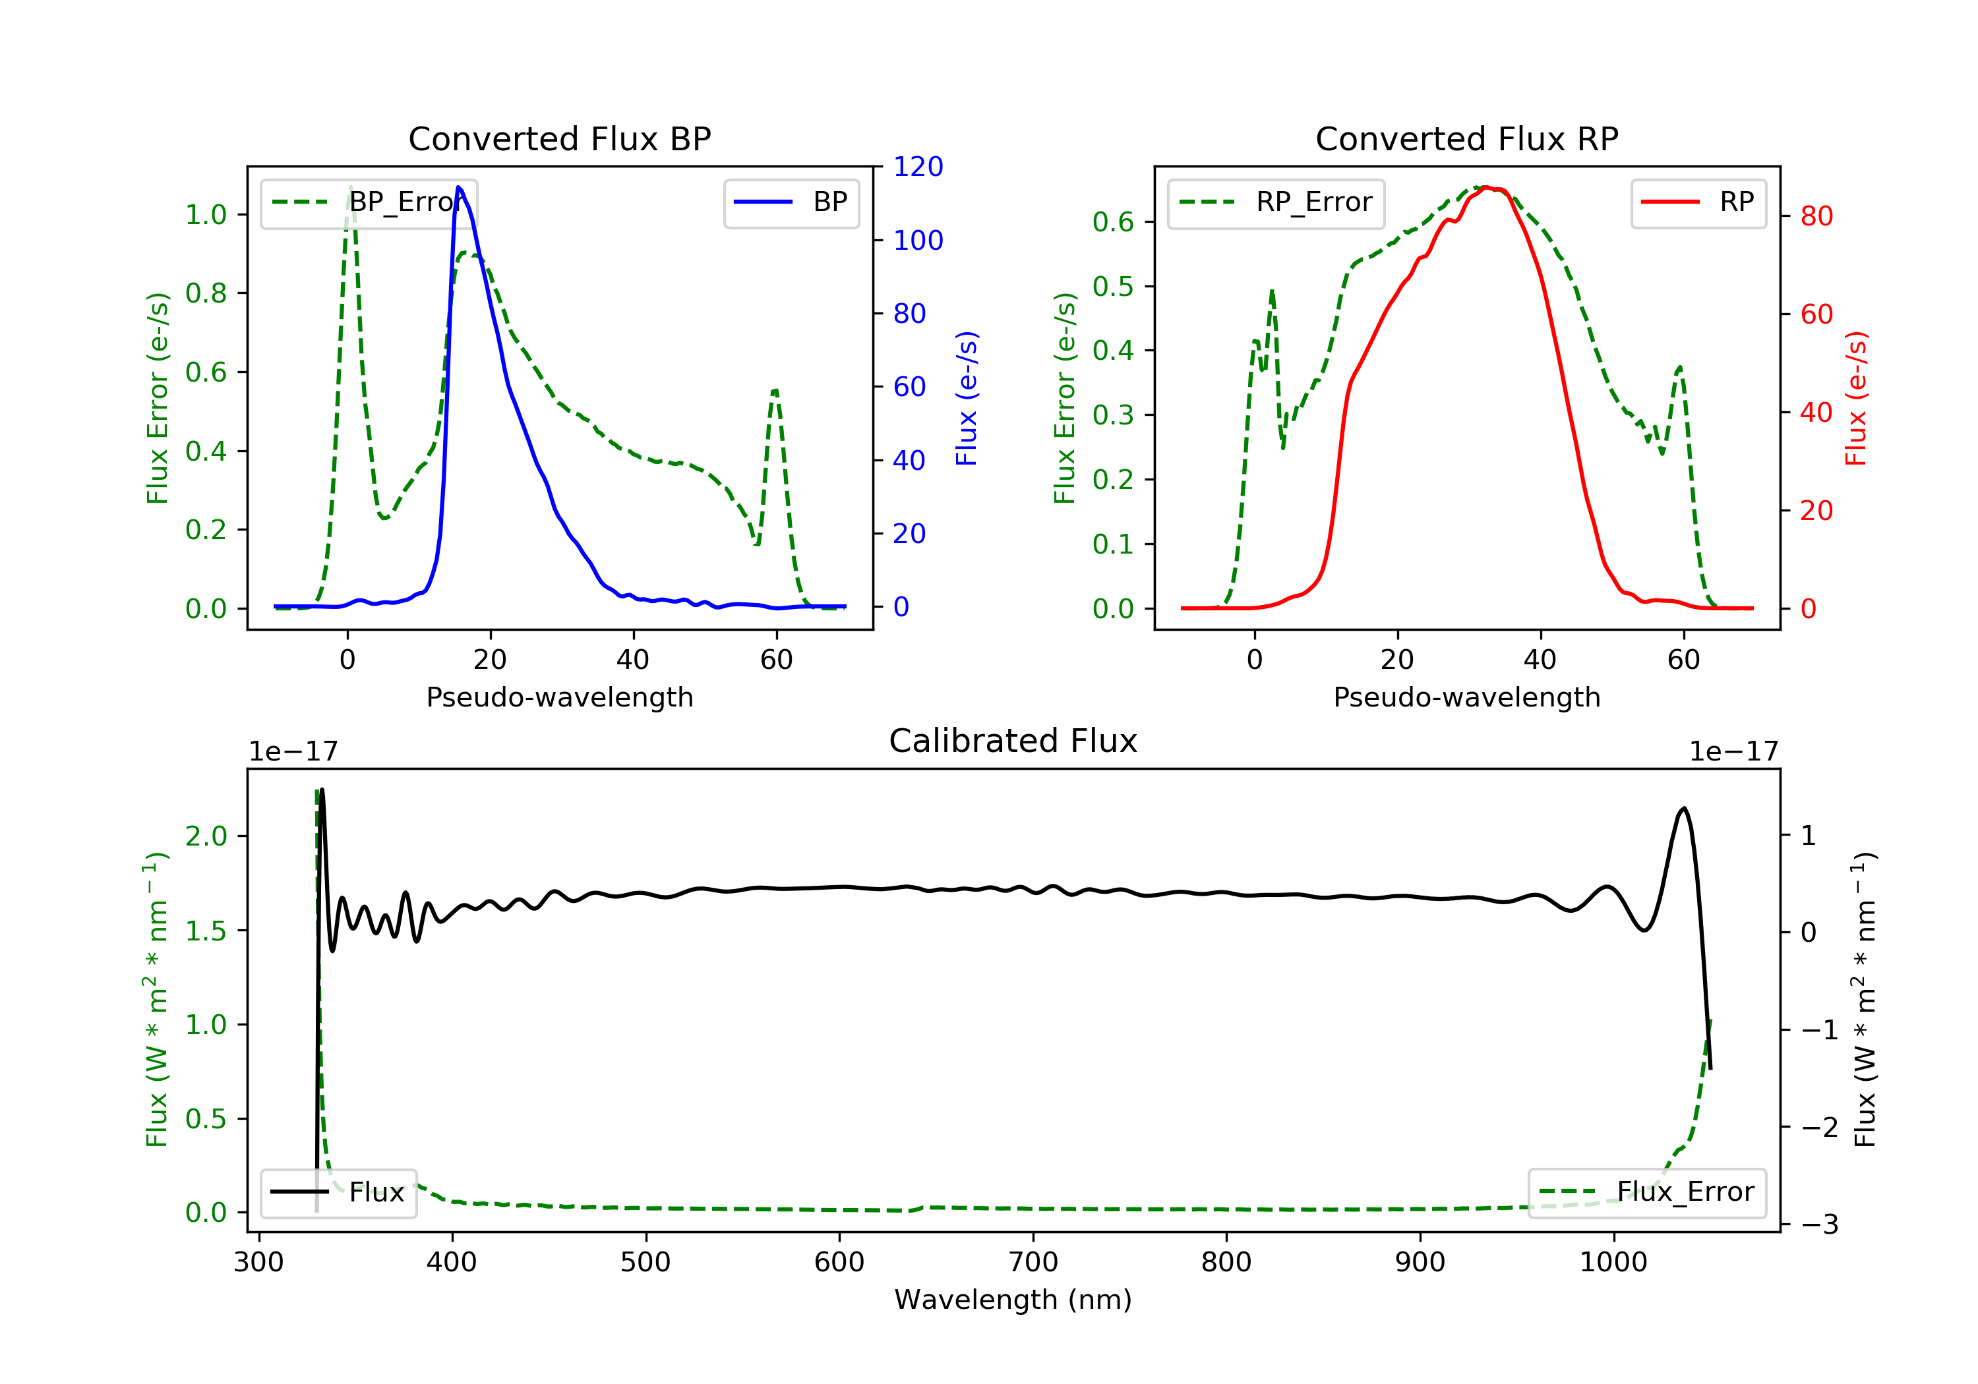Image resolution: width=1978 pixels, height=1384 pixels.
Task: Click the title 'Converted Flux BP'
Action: tap(559, 138)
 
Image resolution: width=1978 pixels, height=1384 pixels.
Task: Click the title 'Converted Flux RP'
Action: tap(1466, 138)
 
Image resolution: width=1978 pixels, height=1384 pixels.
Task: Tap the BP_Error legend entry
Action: tap(369, 202)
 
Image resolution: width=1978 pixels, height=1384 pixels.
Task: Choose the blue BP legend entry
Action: tap(791, 202)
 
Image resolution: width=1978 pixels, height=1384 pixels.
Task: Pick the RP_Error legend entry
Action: tap(1276, 202)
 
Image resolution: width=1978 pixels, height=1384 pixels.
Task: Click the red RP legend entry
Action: tap(1698, 202)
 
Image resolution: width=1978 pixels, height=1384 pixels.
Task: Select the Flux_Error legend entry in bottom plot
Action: tap(1646, 1192)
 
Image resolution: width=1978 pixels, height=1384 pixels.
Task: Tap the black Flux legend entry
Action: tap(339, 1192)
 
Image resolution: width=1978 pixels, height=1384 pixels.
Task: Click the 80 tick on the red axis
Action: tap(1816, 216)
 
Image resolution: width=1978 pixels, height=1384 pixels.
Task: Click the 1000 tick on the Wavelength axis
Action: tap(1613, 1261)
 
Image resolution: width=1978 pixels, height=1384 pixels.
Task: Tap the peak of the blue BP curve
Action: tap(458, 187)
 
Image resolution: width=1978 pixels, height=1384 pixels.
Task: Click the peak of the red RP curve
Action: tap(1486, 188)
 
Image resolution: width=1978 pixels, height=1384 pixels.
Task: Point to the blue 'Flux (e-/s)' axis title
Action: tap(967, 398)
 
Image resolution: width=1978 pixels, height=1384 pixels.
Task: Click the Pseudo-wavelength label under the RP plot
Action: tap(1466, 697)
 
